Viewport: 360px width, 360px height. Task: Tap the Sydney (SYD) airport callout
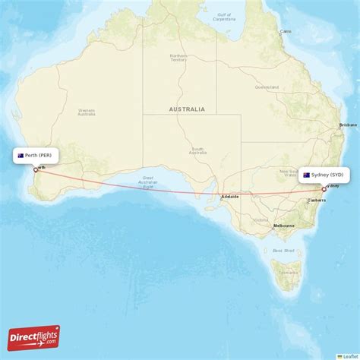point(324,175)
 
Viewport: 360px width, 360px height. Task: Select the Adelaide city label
point(230,196)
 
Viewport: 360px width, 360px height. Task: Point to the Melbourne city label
point(284,226)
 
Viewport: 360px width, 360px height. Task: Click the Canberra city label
point(316,201)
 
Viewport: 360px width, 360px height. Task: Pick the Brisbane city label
point(348,125)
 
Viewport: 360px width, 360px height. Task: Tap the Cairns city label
point(286,31)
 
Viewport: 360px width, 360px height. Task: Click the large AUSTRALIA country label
point(187,109)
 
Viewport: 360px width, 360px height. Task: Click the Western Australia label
point(86,112)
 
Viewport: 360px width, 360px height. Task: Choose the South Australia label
point(197,150)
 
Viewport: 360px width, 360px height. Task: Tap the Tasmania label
point(289,271)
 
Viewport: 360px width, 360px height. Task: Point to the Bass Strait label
point(283,249)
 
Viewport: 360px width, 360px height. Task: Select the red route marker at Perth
point(35,169)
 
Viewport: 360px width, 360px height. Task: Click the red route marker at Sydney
point(324,188)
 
